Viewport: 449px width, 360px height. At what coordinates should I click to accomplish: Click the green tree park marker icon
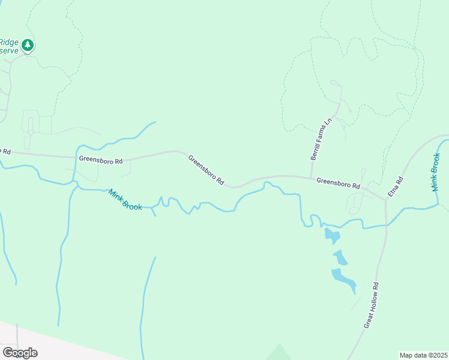[x=27, y=46]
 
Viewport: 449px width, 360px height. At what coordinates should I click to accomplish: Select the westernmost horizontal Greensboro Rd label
[x=100, y=160]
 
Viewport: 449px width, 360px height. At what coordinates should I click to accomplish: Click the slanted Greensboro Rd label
[x=206, y=170]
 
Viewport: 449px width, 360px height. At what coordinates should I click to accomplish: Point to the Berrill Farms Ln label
[x=321, y=139]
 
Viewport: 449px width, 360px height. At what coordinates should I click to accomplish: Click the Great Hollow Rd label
[x=372, y=305]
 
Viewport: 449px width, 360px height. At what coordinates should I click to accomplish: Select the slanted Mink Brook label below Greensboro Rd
[x=125, y=199]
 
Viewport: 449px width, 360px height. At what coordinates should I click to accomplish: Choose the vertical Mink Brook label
[x=437, y=172]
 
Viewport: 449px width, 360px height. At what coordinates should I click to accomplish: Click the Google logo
[x=20, y=352]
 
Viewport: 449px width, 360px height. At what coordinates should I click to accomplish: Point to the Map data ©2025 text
[x=423, y=355]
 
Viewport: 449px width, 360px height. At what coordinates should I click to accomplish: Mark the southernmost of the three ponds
[x=343, y=278]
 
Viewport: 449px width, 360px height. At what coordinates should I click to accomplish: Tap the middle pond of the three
[x=340, y=257]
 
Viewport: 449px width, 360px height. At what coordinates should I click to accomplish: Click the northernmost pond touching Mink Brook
[x=331, y=235]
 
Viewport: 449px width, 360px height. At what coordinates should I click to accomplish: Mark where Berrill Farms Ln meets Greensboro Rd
[x=311, y=177]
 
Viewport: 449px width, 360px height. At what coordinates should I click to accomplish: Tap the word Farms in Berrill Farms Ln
[x=321, y=138]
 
